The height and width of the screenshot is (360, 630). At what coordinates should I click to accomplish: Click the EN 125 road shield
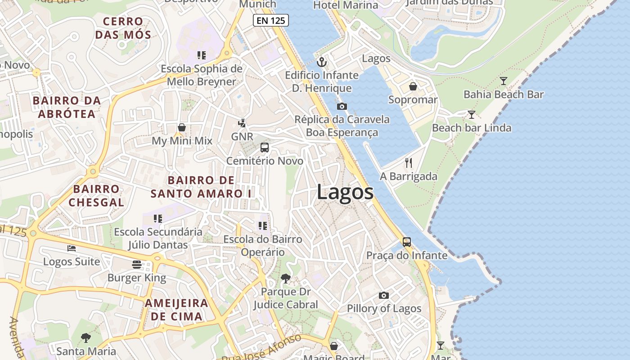270,20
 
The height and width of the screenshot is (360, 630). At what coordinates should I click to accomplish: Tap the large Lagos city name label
345,192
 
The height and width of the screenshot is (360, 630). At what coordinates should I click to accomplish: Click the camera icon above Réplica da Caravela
342,107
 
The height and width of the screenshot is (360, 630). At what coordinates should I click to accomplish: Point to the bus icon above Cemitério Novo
265,148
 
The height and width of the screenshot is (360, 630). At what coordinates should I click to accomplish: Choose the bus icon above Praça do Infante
407,242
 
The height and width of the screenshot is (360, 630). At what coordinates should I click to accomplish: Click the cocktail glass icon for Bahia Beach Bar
503,81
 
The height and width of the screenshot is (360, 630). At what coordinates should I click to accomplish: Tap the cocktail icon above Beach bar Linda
471,115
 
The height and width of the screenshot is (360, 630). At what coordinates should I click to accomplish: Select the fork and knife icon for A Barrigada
409,163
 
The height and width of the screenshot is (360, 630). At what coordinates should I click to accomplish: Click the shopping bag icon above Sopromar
413,86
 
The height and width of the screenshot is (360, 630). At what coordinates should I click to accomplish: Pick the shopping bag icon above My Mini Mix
182,127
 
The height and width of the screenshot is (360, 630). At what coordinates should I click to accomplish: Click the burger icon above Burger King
137,264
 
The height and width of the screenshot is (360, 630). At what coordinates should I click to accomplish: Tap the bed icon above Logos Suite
72,248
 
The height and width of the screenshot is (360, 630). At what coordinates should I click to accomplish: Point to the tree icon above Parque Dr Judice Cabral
285,279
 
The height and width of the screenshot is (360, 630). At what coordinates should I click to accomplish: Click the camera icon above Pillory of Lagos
383,295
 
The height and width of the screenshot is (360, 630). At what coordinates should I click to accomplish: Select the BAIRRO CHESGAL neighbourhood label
96,196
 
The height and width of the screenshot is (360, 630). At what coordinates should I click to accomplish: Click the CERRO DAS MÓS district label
123,28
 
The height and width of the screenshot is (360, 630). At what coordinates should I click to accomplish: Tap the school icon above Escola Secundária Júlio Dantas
158,219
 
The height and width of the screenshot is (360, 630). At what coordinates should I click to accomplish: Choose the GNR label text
242,136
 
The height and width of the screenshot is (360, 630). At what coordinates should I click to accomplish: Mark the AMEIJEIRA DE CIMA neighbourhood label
176,310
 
